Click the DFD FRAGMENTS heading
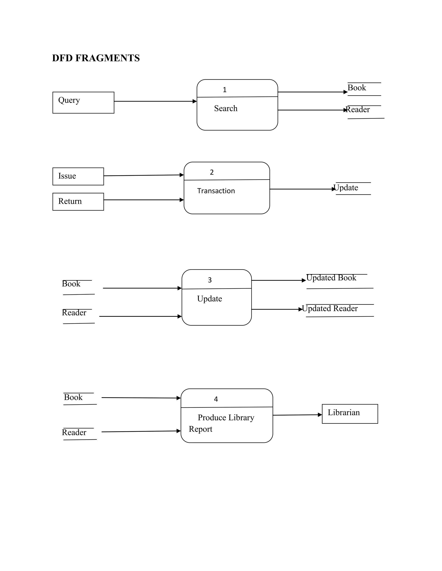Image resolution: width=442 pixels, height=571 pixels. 96,58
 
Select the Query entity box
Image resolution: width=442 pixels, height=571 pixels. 83,103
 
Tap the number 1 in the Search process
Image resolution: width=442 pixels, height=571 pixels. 224,90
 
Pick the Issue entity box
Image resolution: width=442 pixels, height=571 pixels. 78,176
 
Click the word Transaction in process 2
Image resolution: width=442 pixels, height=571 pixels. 216,191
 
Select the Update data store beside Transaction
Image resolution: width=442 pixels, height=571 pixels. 346,188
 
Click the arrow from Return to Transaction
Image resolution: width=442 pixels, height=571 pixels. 144,200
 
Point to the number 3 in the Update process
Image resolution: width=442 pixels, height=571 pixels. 210,280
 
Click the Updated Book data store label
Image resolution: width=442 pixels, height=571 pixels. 331,278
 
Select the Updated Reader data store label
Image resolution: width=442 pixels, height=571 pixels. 330,309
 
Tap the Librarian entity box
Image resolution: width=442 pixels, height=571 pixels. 350,414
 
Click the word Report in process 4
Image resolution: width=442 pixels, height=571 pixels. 200,429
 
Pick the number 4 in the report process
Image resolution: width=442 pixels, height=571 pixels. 216,399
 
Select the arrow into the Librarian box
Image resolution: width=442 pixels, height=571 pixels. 297,415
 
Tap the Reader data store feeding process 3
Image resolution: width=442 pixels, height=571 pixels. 74,313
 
